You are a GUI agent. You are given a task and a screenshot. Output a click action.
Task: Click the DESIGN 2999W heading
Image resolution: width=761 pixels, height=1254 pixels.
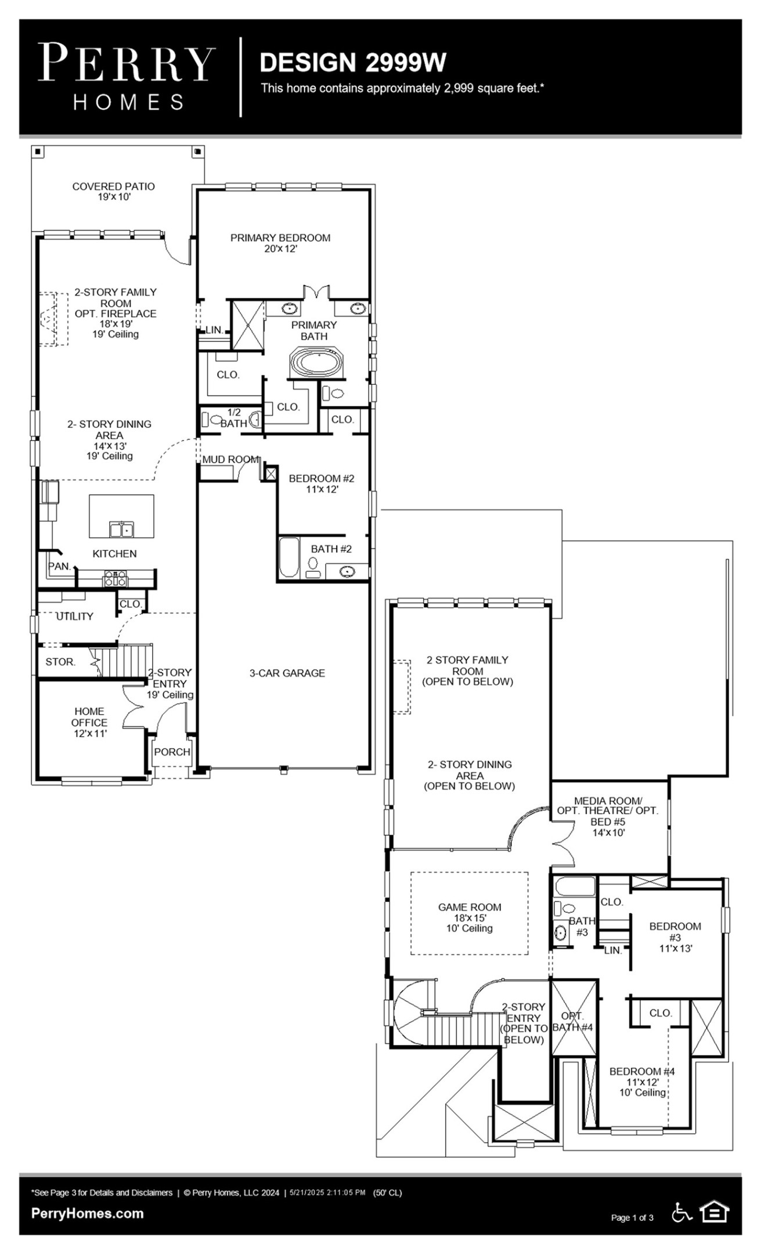click(x=352, y=63)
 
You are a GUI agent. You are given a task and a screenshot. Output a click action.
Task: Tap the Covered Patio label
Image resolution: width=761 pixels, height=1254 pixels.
click(x=113, y=191)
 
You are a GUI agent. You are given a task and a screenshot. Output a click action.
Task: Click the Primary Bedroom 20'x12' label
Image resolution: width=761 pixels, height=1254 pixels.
click(x=280, y=243)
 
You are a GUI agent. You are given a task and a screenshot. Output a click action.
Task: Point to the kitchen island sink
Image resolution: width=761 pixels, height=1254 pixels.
click(x=121, y=529)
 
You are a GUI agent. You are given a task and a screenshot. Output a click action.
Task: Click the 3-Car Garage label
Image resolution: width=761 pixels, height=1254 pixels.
click(x=287, y=673)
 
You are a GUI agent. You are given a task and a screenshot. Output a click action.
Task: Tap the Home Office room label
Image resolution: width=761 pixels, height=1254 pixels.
click(x=89, y=722)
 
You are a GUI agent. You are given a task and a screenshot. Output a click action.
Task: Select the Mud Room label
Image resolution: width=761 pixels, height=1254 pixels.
click(x=230, y=459)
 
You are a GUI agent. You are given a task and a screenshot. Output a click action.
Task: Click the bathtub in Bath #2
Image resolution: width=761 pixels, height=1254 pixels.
click(x=288, y=558)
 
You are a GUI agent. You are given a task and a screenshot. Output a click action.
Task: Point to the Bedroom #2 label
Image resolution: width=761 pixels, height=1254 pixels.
click(x=321, y=483)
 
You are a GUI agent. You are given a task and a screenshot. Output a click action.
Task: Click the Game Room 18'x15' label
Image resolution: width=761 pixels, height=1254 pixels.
click(x=469, y=917)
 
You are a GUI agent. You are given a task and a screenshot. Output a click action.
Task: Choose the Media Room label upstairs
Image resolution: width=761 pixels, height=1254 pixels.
click(x=607, y=816)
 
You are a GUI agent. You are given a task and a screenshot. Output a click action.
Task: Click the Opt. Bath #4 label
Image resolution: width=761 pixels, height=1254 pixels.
click(x=572, y=1021)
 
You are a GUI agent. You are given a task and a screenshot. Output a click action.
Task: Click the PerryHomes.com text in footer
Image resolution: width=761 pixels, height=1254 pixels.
click(x=87, y=1213)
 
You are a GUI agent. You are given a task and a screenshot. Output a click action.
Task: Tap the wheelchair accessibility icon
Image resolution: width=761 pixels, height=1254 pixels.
click(x=681, y=1212)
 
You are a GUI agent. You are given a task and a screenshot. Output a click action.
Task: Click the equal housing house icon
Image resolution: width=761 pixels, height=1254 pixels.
click(x=714, y=1212)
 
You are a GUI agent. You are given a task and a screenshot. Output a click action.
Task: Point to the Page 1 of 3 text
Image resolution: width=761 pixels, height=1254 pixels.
click(x=632, y=1217)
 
